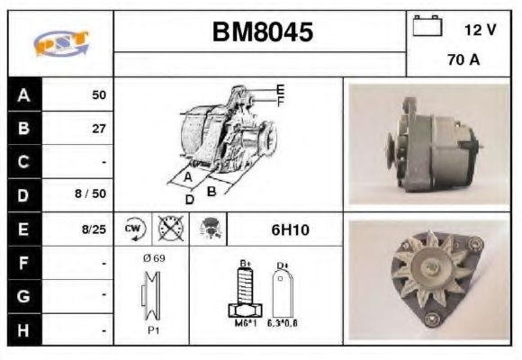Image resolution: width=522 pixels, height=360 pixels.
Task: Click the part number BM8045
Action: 263,32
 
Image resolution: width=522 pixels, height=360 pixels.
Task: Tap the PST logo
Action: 60,43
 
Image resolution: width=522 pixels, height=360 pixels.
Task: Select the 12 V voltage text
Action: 480,30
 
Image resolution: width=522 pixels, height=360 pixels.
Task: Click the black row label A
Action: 24,94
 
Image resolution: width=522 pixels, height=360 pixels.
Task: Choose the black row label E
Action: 24,229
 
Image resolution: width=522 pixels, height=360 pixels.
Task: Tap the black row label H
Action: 24,330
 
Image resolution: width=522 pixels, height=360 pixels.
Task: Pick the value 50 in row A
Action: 98,94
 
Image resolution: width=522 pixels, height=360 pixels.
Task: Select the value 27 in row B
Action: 98,129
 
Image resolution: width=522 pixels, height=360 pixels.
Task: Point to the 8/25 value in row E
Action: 93,229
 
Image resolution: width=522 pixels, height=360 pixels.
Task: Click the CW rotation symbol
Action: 133,229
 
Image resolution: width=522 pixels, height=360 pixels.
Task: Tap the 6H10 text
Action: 290,229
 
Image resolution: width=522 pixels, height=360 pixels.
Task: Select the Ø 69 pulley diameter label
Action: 152,257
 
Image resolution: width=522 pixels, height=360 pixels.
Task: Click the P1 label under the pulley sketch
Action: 152,329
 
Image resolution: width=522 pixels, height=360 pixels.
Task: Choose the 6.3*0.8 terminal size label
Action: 283,322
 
